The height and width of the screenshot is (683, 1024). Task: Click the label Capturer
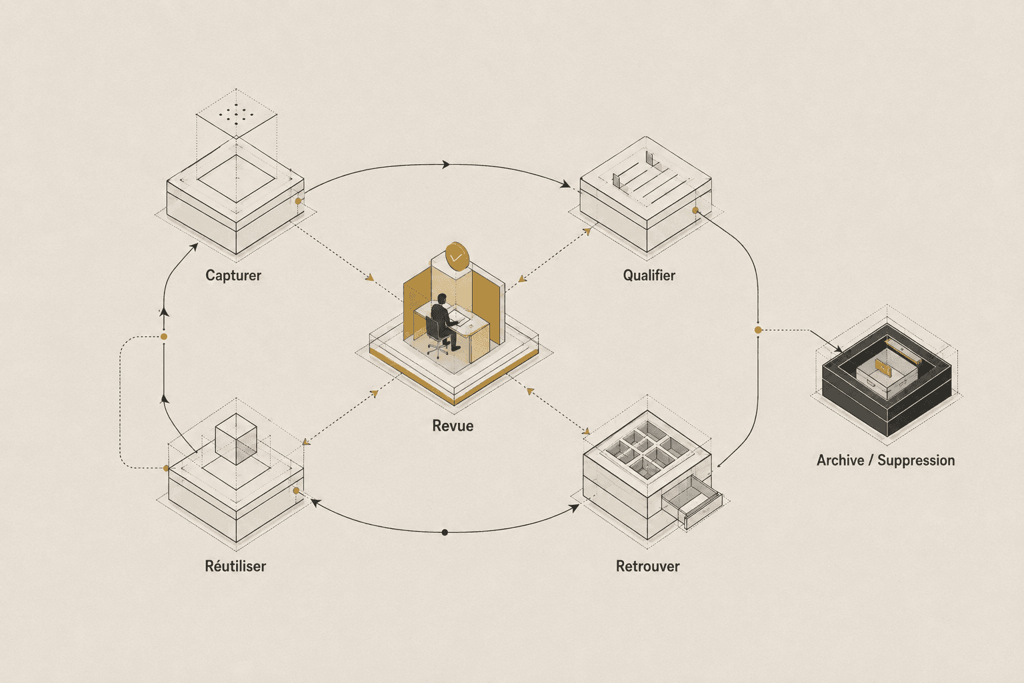pyautogui.click(x=233, y=275)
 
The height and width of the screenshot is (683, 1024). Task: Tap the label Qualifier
pyautogui.click(x=649, y=275)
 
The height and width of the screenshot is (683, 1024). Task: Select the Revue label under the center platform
pyautogui.click(x=453, y=426)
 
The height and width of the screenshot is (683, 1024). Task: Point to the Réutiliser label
pyautogui.click(x=235, y=566)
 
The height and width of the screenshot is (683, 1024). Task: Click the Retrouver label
pyautogui.click(x=648, y=566)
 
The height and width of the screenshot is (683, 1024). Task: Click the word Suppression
pyautogui.click(x=916, y=461)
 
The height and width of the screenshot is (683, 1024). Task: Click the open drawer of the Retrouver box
pyautogui.click(x=691, y=501)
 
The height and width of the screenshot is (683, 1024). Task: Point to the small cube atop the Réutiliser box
pyautogui.click(x=236, y=439)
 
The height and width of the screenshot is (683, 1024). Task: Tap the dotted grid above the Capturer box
pyautogui.click(x=236, y=113)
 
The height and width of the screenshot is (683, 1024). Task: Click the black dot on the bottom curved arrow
pyautogui.click(x=445, y=532)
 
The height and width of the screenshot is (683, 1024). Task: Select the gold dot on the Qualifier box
pyautogui.click(x=695, y=210)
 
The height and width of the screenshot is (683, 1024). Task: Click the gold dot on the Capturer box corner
pyautogui.click(x=298, y=201)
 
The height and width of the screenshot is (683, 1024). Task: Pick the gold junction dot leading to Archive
pyautogui.click(x=758, y=330)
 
